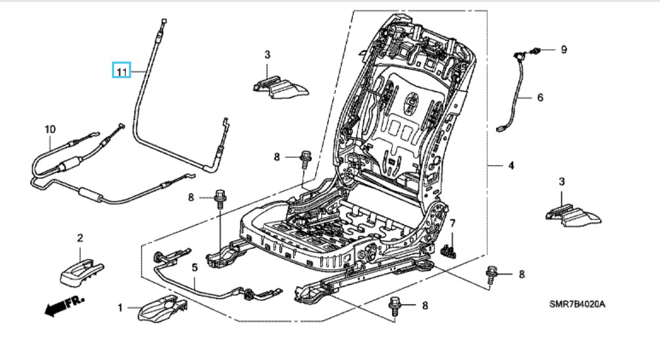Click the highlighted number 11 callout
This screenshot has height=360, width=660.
click(122, 71)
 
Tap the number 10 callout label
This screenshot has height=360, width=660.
click(50, 129)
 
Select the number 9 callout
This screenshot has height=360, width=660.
click(564, 50)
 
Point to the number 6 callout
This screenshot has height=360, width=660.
click(541, 97)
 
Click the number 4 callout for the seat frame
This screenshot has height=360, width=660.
click(511, 165)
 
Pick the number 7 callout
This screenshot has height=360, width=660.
click(453, 223)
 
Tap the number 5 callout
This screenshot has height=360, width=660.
click(195, 268)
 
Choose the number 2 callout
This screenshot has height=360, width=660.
click(80, 238)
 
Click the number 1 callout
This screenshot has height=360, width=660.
click(120, 308)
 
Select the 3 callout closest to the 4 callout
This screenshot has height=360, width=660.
click(562, 182)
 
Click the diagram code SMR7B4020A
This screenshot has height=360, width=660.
click(577, 304)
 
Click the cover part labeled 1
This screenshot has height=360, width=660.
click(163, 308)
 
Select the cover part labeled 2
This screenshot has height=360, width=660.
click(82, 271)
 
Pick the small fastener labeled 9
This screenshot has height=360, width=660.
click(535, 51)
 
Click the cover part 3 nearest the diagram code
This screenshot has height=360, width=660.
click(573, 216)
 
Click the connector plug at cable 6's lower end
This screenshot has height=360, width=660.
click(501, 129)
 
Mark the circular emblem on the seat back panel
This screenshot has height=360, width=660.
click(411, 102)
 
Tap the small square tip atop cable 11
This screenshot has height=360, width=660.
click(164, 20)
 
